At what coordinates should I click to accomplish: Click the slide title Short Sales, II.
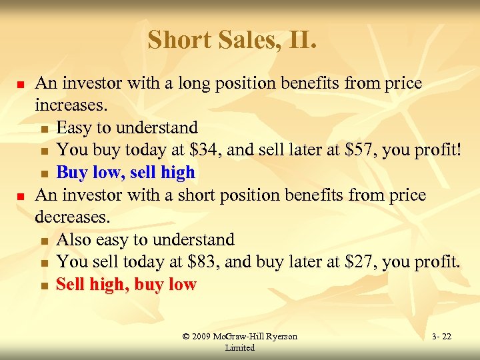pos(232,40)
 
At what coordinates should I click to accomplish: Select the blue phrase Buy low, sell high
pos(126,173)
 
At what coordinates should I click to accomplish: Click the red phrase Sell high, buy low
pos(126,285)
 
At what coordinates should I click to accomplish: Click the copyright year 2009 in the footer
pos(202,337)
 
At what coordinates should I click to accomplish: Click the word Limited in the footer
pos(239,348)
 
